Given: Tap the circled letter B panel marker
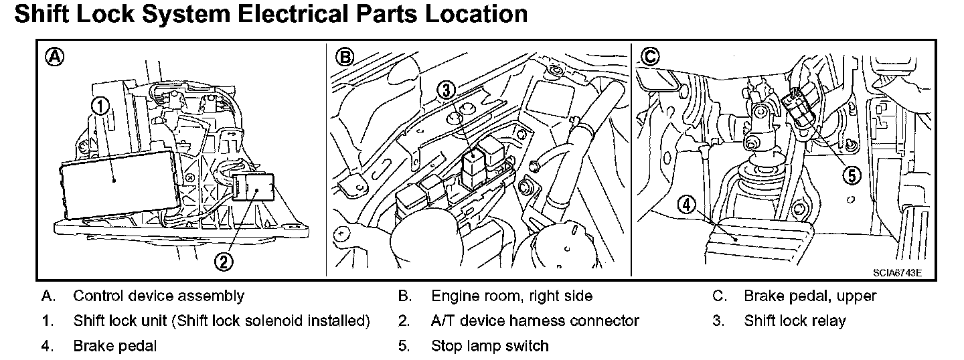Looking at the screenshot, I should [x=344, y=58].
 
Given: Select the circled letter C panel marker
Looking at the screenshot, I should [x=648, y=57].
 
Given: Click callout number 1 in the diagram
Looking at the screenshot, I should [x=99, y=105].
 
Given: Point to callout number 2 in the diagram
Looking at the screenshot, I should [x=224, y=261].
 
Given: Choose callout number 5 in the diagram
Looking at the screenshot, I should [x=850, y=175].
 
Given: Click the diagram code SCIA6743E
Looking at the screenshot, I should [x=897, y=272].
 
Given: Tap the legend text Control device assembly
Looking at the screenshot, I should [x=159, y=296].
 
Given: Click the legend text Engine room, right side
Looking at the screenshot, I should [x=511, y=296].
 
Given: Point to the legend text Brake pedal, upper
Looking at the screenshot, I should [x=810, y=296].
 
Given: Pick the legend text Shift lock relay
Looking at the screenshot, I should [x=795, y=321].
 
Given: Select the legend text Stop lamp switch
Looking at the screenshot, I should [x=489, y=346].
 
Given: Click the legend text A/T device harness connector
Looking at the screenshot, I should [x=535, y=321].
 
